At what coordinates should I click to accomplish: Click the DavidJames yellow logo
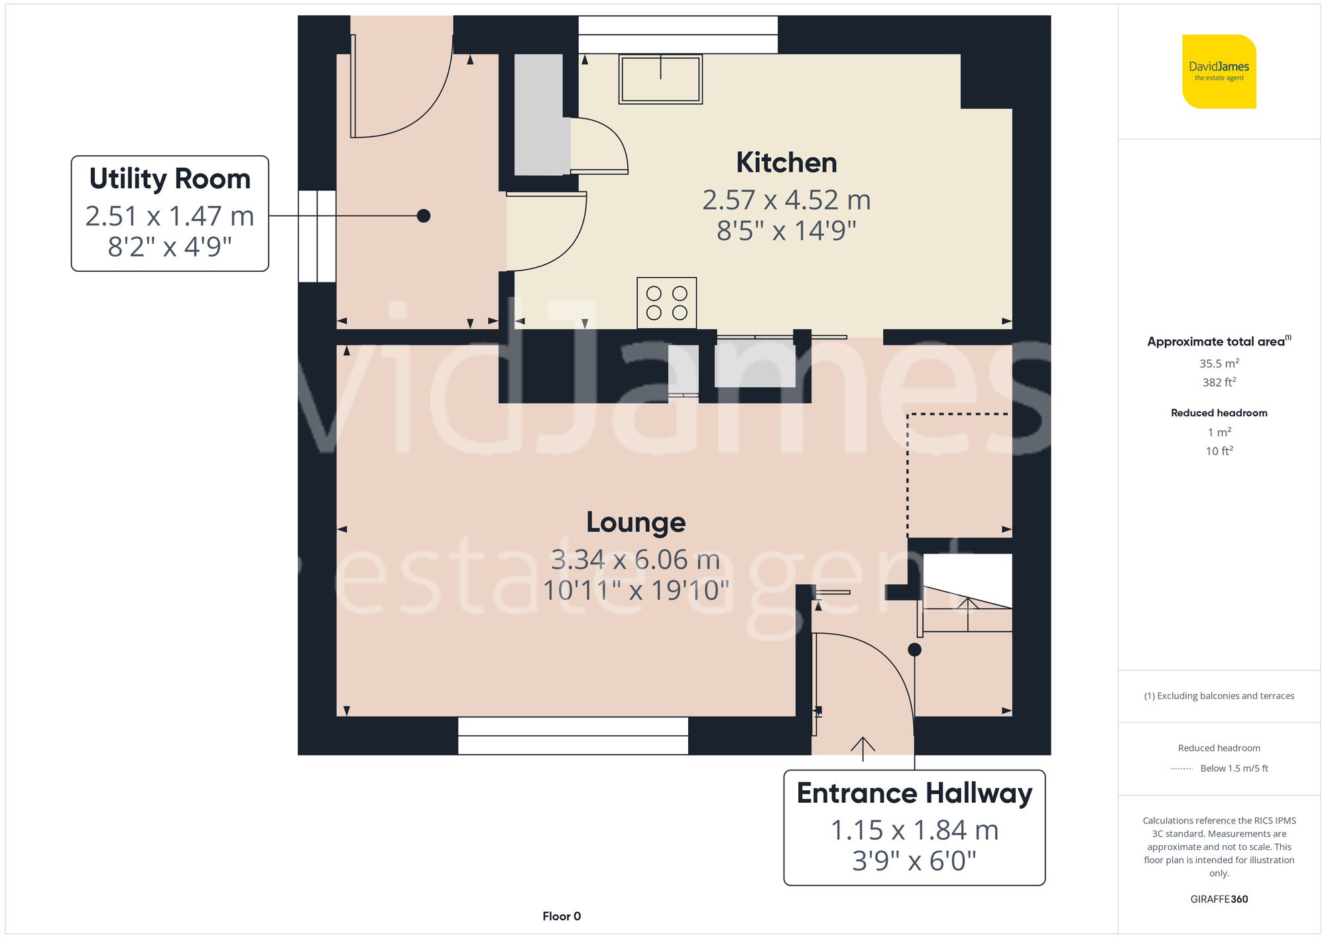1219,72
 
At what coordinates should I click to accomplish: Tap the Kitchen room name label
786,163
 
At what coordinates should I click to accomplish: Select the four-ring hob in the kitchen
666,303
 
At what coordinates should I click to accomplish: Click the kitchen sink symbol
660,79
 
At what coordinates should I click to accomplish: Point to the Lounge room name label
635,523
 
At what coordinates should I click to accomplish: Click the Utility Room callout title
170,179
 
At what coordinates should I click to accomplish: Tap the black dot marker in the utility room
424,215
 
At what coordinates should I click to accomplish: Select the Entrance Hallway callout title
914,793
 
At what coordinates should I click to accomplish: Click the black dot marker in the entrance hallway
914,650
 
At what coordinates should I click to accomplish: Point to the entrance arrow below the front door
863,748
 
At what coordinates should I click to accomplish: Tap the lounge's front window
573,736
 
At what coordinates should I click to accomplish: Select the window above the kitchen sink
678,34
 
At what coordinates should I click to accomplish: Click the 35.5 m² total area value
1219,363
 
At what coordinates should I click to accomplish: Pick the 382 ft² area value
1219,382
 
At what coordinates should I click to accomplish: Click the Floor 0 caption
562,916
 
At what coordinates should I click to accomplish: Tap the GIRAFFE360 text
1219,900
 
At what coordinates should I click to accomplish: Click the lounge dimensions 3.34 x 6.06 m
635,560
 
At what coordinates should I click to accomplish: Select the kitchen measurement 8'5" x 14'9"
786,231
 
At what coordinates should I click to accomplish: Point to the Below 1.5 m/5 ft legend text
1233,768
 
